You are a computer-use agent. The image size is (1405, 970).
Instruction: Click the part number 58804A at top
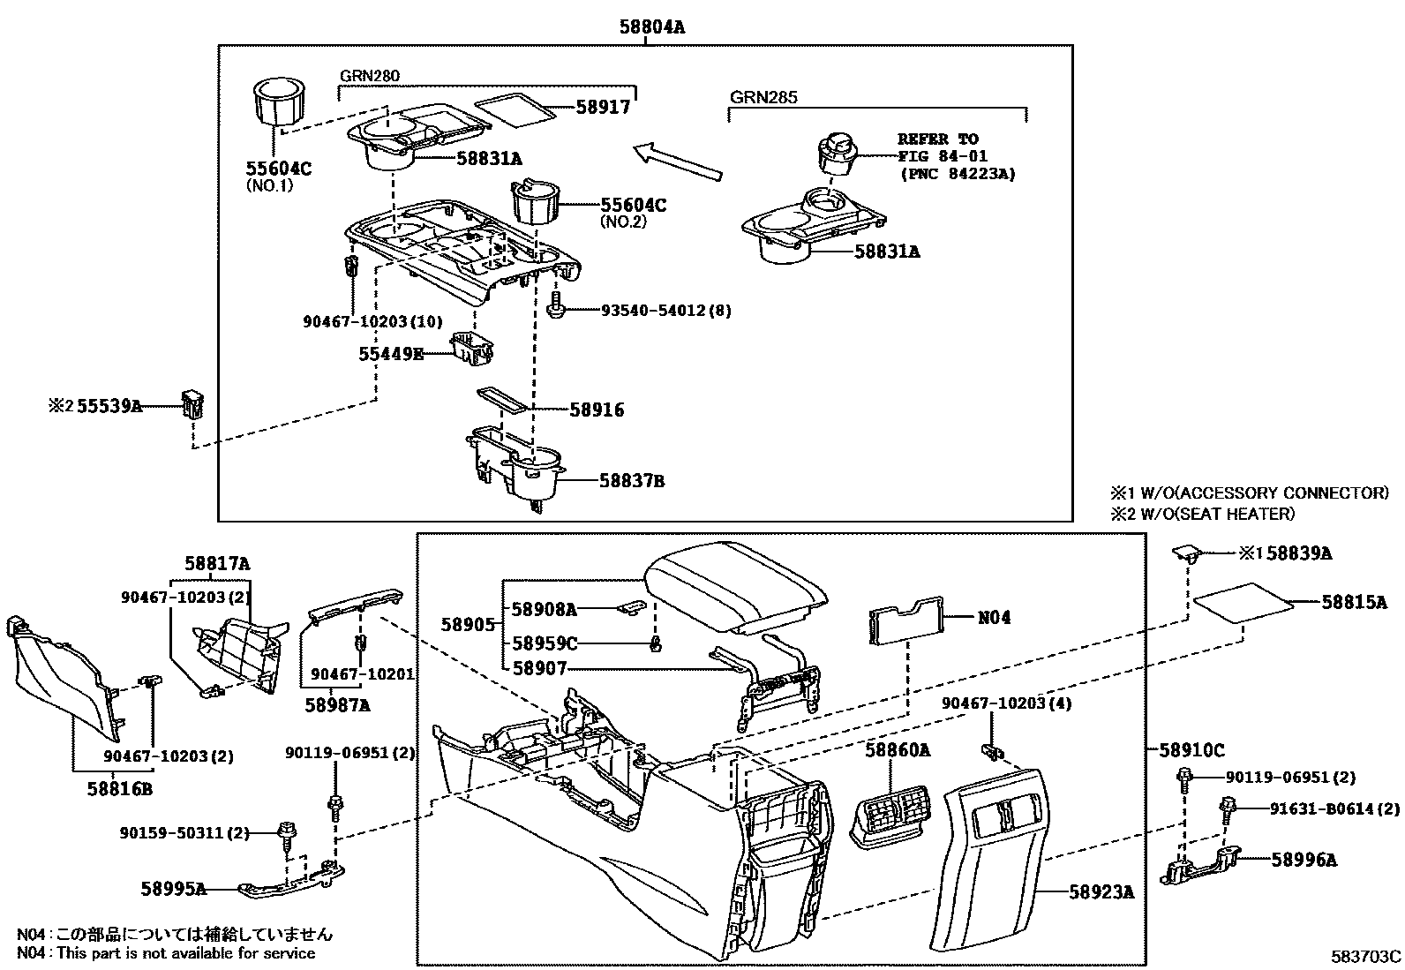click(650, 27)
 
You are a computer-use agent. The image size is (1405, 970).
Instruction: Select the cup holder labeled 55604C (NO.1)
click(279, 105)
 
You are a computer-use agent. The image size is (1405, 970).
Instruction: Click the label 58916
click(597, 410)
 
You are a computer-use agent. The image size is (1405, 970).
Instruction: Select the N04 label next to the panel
click(994, 618)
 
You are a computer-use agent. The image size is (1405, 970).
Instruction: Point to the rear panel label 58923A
click(1101, 892)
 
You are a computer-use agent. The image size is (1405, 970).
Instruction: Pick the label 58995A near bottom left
click(173, 888)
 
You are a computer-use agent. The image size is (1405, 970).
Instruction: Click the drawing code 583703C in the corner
click(1366, 956)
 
